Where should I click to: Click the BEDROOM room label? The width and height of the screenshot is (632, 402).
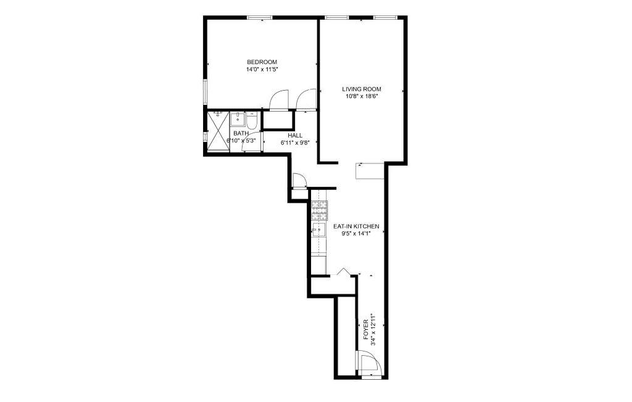point(262,62)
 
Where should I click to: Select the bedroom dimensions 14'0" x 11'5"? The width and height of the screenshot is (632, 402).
point(262,70)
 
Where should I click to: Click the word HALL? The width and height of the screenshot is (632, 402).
point(294,135)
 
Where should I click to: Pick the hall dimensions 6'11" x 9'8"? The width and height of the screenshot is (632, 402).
point(294,142)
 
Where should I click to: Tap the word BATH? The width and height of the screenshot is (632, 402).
point(241,133)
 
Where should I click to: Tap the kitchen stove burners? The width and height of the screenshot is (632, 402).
point(319,211)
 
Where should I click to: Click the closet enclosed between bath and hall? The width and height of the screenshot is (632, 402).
point(278,120)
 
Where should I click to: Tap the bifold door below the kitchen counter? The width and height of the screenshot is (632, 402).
point(346,273)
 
